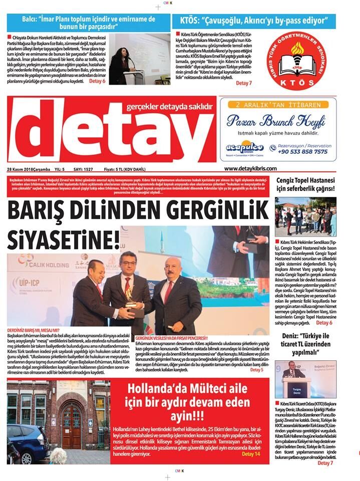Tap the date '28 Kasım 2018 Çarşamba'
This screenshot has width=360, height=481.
pos(30,169)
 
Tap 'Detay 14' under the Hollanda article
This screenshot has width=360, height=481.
pos(251,454)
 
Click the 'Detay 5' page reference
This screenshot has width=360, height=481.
pos(256,370)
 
